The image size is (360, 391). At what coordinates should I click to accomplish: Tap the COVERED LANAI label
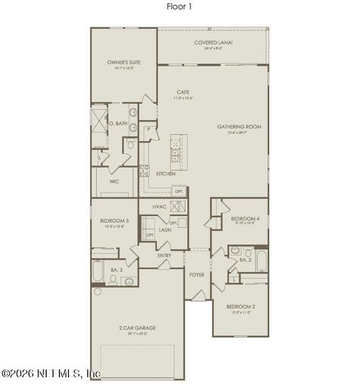213,43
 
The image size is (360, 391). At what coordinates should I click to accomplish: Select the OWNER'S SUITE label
124,63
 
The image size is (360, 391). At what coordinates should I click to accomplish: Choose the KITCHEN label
166,174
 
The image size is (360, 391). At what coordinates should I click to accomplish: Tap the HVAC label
160,207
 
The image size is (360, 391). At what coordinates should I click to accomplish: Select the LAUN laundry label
166,230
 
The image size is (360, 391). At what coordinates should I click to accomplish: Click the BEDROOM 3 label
114,221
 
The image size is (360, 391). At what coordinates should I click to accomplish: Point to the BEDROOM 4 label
245,219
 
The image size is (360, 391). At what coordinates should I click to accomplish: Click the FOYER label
196,274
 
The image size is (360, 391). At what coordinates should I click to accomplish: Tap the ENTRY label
164,255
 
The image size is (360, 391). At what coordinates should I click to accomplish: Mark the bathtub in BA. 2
261,261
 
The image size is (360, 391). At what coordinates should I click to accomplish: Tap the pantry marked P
149,129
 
